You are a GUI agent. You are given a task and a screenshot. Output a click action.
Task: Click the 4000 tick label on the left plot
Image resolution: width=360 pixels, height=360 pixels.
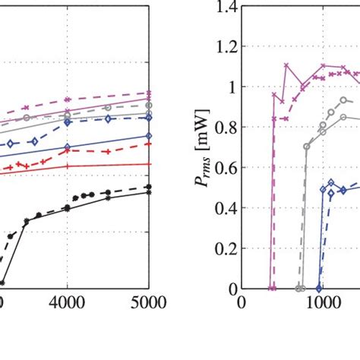pyautogui.click(x=68, y=302)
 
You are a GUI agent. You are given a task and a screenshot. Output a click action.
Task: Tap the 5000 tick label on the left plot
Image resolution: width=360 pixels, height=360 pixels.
pyautogui.click(x=148, y=302)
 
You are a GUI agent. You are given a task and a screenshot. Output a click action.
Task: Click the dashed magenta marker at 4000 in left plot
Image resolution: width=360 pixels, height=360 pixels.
pyautogui.click(x=68, y=99)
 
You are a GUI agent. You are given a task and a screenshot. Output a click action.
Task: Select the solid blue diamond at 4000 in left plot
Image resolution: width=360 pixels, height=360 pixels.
pyautogui.click(x=68, y=147)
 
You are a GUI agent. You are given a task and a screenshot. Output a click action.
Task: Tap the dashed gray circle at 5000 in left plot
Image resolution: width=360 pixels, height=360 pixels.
pyautogui.click(x=149, y=106)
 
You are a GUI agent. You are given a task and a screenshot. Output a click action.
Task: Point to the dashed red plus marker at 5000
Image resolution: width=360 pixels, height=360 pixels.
pyautogui.click(x=149, y=143)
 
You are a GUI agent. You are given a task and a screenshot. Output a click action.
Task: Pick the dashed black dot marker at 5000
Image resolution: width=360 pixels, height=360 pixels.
pyautogui.click(x=149, y=187)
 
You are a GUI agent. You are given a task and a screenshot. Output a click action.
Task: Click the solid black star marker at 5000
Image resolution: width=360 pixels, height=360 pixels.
pyautogui.click(x=149, y=193)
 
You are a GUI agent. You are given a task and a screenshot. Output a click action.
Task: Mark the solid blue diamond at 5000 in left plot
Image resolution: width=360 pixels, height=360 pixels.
pyautogui.click(x=149, y=136)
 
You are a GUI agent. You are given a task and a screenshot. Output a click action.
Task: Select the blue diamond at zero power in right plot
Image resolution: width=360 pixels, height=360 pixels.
pyautogui.click(x=319, y=289)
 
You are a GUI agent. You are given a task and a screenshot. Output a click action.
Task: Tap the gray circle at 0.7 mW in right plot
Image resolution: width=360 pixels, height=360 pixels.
pyautogui.click(x=307, y=147)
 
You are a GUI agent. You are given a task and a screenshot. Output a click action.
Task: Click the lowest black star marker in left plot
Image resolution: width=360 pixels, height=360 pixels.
pyautogui.click(x=2, y=283)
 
